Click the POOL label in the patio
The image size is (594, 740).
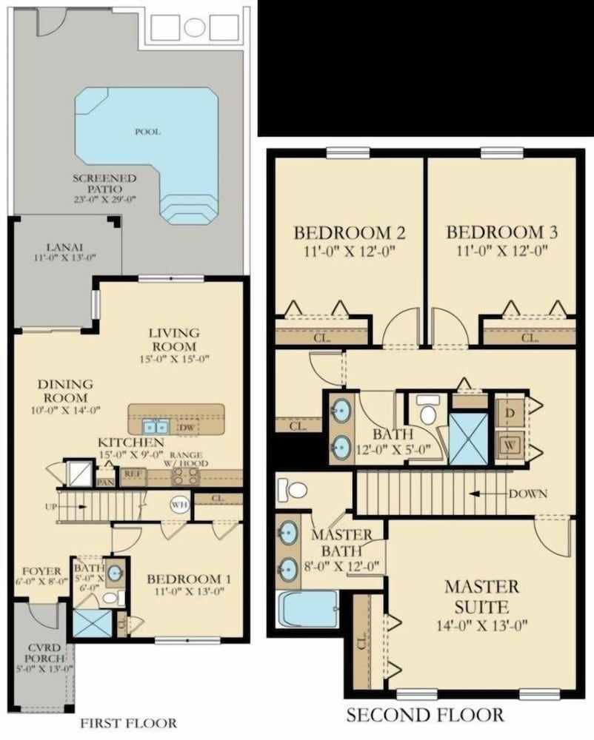point(148,132)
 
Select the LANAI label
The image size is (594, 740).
point(65,252)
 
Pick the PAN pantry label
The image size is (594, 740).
point(106,482)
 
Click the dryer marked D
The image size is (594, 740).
point(510,412)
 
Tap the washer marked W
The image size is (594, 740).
point(510,445)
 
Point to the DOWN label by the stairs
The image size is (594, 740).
point(528,494)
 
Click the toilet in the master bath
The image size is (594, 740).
point(293,490)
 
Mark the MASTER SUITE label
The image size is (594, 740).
point(481,597)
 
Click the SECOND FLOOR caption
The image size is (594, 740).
point(425,716)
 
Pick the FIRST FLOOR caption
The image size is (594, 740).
point(129,723)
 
